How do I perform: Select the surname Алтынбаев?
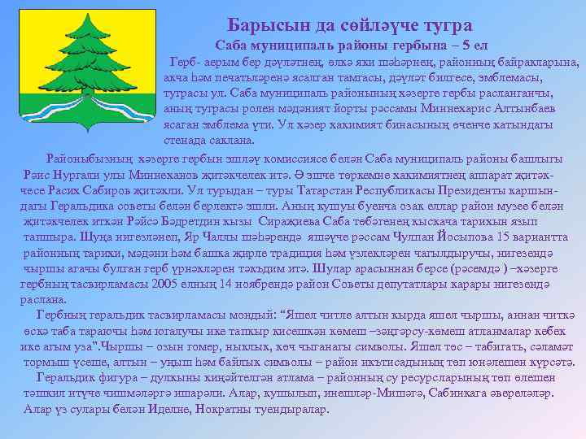(x=518, y=109)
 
